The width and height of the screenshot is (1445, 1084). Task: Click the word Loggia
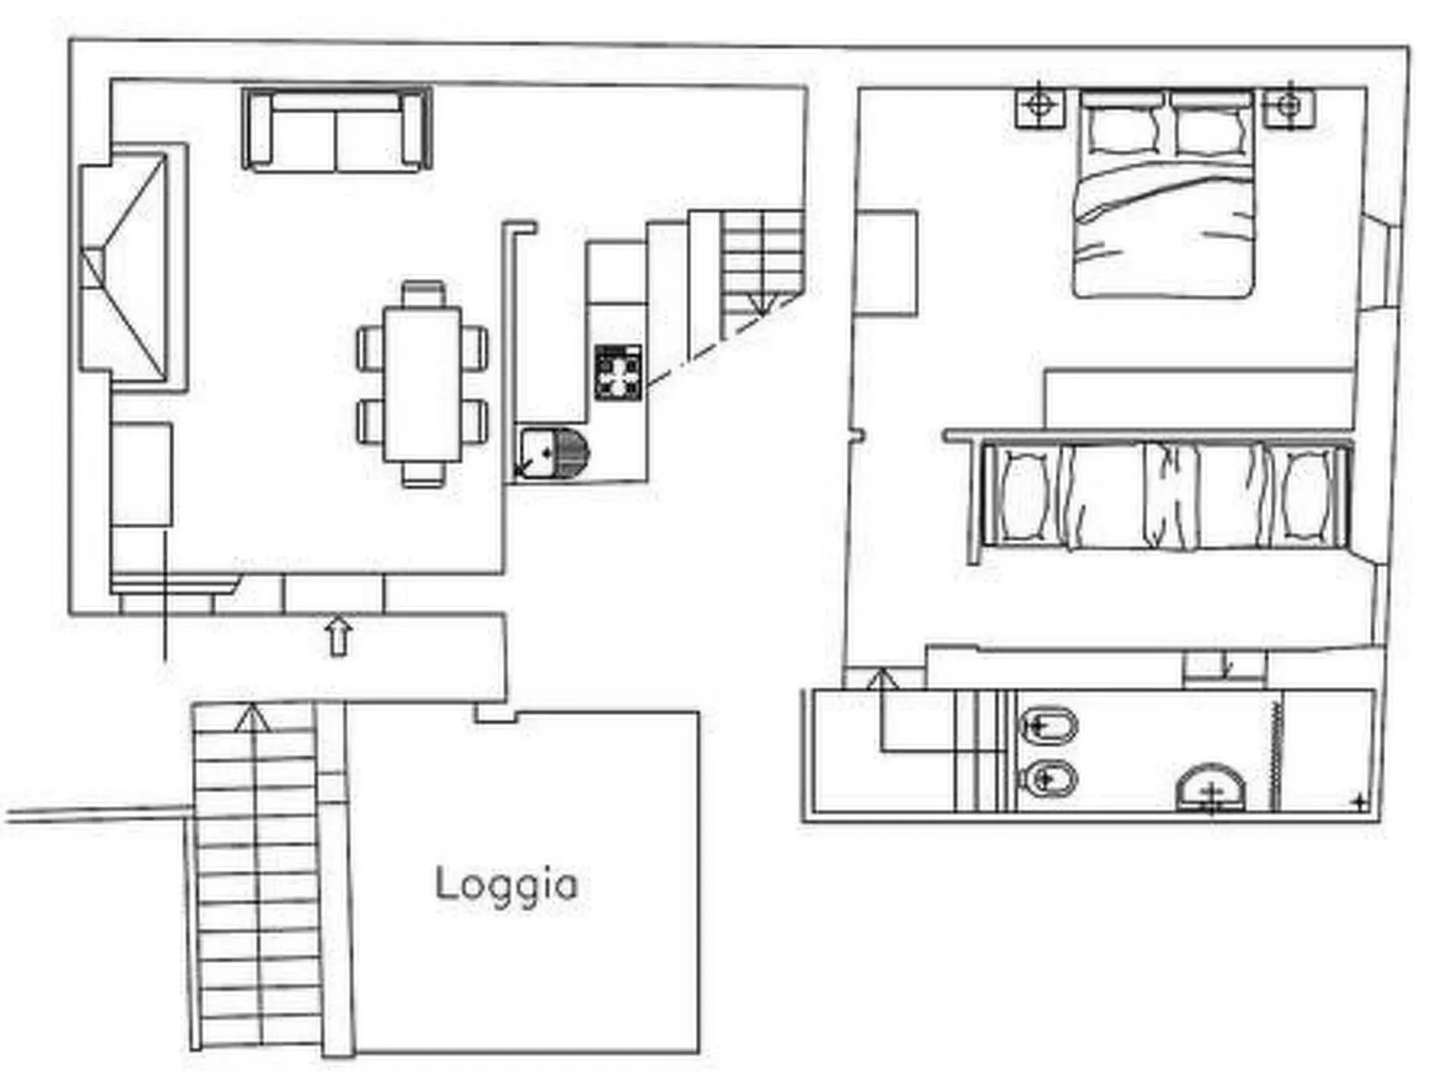[x=506, y=885]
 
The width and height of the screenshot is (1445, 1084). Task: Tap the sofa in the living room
[x=336, y=130]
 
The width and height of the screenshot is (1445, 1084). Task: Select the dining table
[x=422, y=384]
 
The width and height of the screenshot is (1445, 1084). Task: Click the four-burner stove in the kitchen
[x=618, y=372]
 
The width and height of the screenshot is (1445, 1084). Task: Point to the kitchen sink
[x=551, y=452]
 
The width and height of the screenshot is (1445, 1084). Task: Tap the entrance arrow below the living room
[x=337, y=635]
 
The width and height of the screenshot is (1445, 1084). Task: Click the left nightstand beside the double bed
[x=1039, y=106]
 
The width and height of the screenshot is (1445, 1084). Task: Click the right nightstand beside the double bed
[x=1288, y=106]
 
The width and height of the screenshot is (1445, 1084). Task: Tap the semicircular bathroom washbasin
[x=1210, y=789]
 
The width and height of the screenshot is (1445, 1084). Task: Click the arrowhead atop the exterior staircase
[x=253, y=717]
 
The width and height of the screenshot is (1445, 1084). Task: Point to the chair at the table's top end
[x=422, y=294]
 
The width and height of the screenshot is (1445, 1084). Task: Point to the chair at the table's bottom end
[x=422, y=474]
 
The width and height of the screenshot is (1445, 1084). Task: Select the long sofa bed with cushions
[x=1163, y=496]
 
